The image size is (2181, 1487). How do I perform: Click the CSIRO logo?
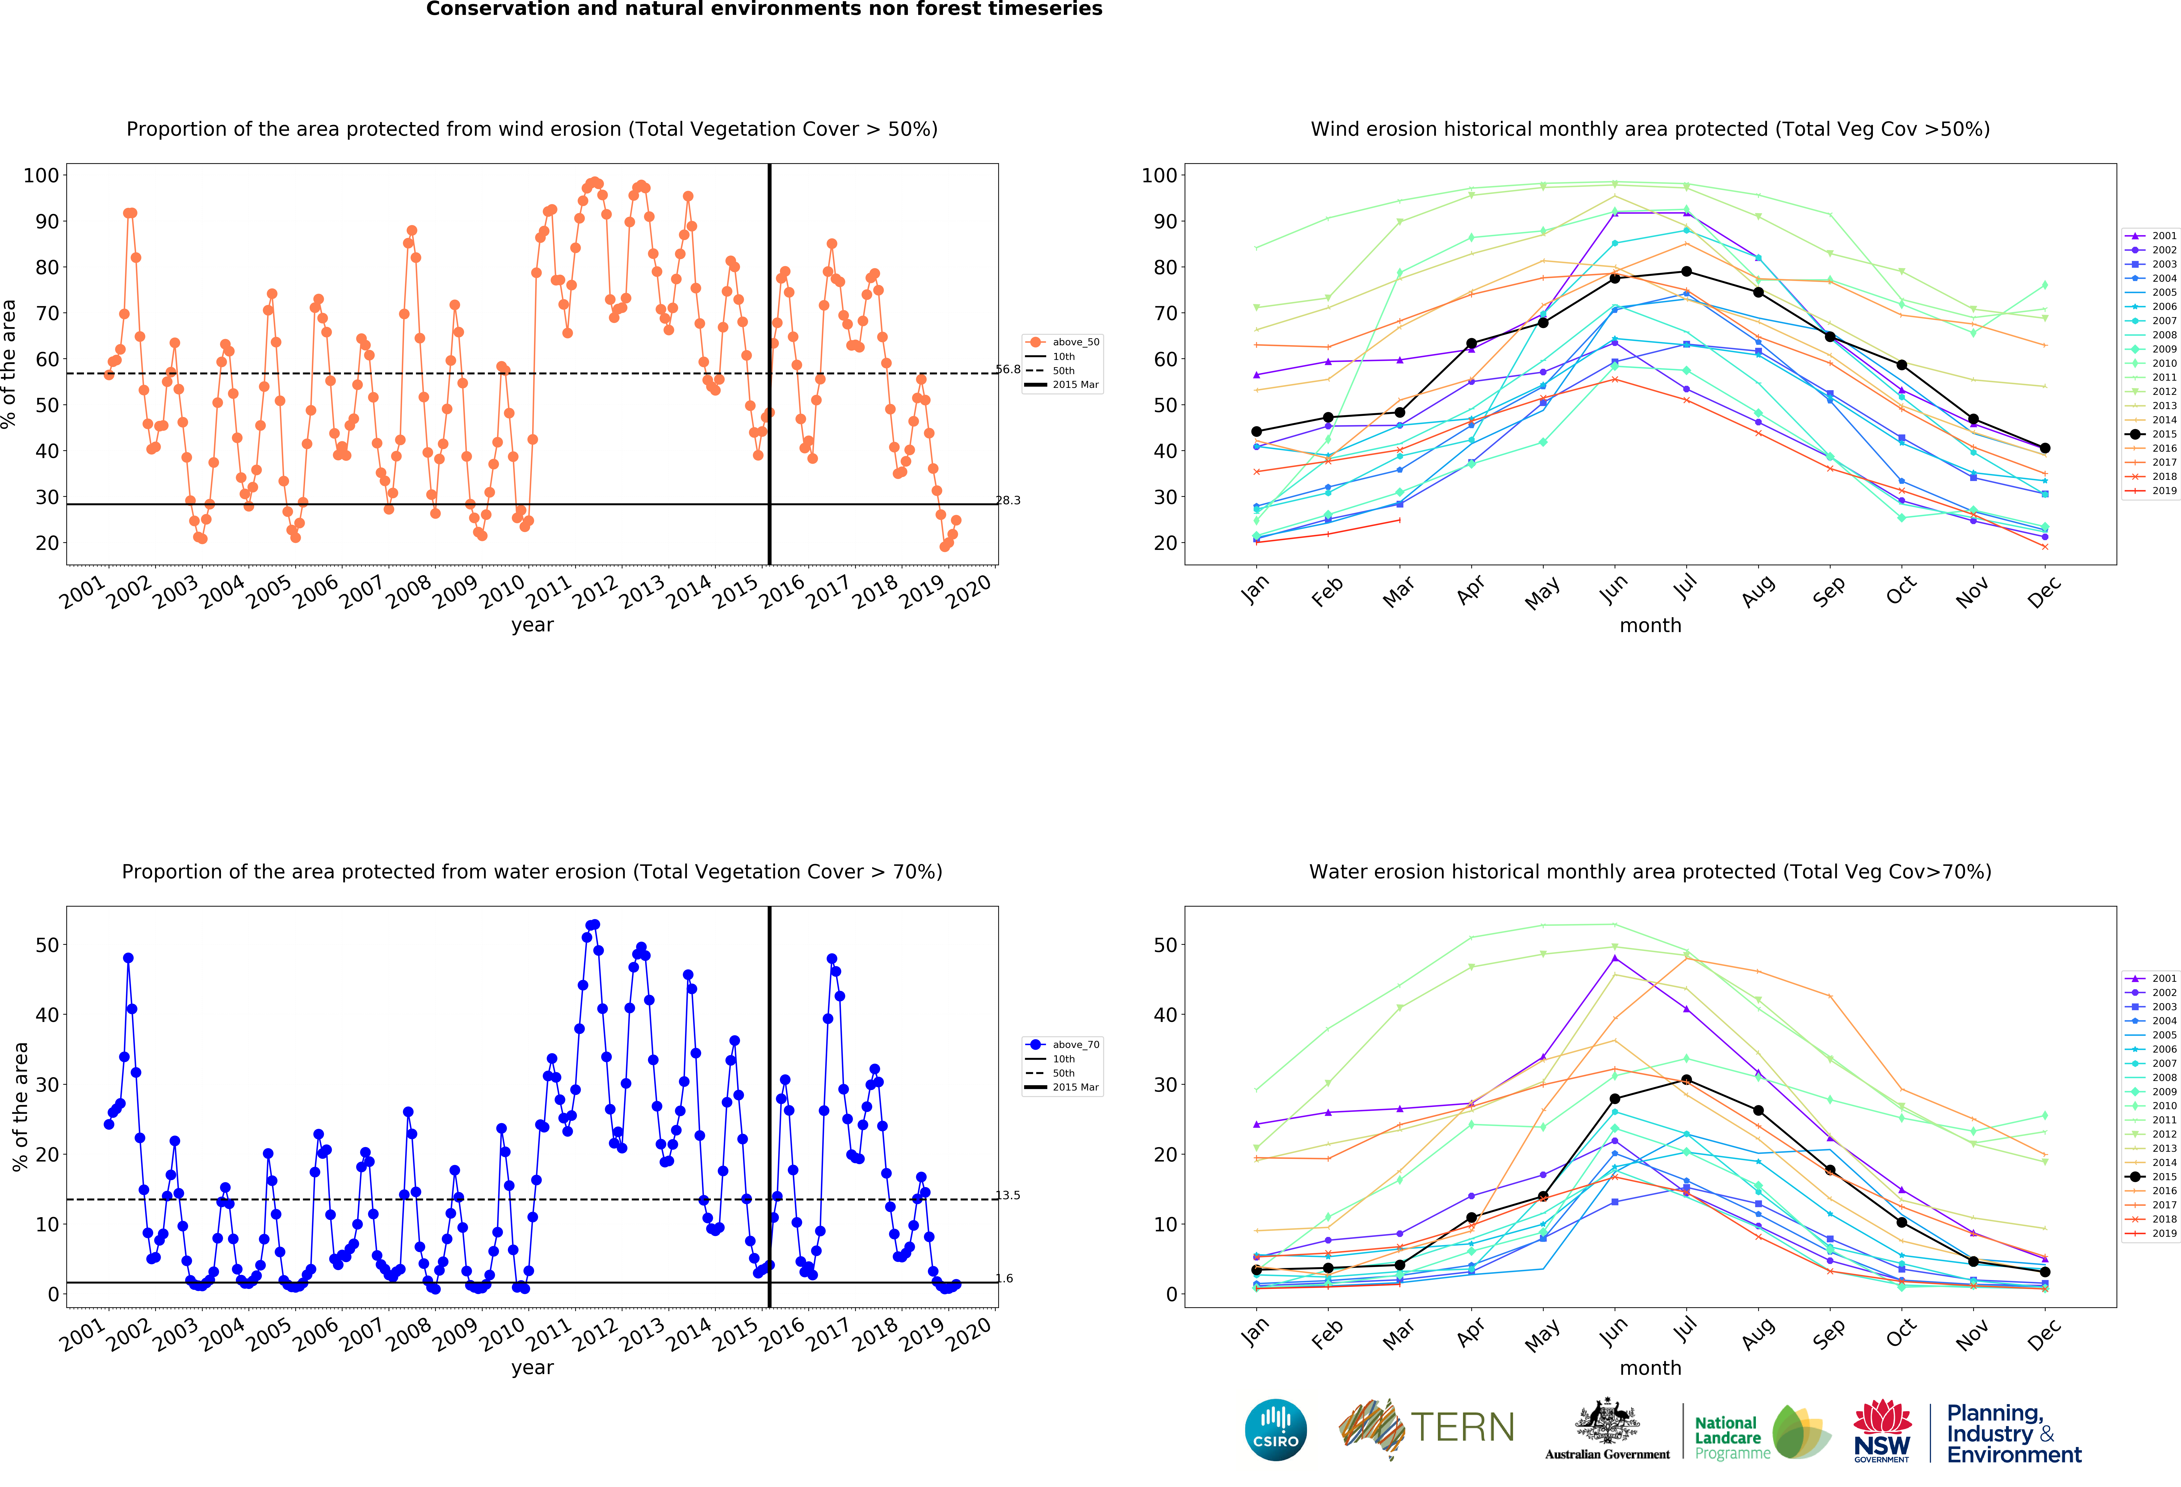pyautogui.click(x=1275, y=1430)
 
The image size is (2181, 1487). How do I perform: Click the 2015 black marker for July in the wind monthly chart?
pyautogui.click(x=1687, y=271)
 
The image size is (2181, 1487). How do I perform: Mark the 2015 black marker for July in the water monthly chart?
pyautogui.click(x=1687, y=1080)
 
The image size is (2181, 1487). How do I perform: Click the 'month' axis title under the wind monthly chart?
pyautogui.click(x=1650, y=625)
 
